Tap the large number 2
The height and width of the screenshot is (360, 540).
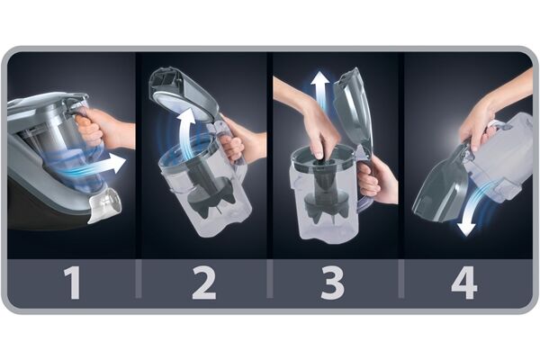(204, 283)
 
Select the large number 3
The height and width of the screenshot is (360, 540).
(332, 283)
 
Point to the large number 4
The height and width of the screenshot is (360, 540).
(464, 283)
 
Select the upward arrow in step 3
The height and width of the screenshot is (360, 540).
(320, 90)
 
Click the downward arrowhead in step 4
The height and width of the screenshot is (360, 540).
(466, 229)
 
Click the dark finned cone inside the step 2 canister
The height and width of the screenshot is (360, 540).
(210, 193)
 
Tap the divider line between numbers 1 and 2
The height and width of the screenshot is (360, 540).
(138, 278)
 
